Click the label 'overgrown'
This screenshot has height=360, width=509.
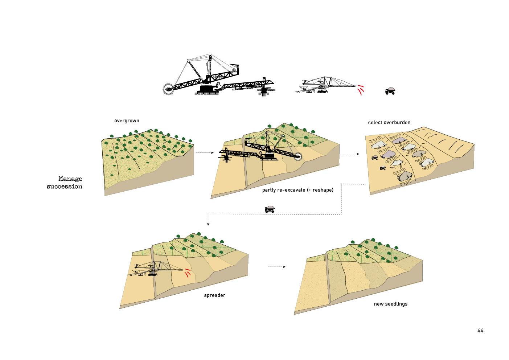pos(127,121)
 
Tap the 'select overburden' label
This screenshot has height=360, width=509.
pos(389,123)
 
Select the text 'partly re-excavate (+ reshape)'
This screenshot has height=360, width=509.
pos(297,190)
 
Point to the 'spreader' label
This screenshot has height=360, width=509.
pos(214,295)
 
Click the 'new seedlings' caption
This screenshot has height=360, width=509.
pos(390,304)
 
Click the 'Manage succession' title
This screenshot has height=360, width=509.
pos(65,183)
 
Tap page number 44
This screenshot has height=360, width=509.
pos(480,331)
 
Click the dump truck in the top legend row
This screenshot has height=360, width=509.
pos(390,91)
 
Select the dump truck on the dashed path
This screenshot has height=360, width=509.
pos(270,209)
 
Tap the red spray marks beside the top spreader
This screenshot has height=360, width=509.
pos(360,90)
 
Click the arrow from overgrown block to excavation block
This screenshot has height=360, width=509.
pos(205,153)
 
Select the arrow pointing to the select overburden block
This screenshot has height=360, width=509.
pos(350,154)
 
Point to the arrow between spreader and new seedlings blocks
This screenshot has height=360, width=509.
pos(277,267)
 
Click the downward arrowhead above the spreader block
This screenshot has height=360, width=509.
pos(208,224)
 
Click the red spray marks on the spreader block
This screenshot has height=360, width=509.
pos(187,273)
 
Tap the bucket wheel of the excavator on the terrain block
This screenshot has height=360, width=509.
pos(298,157)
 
